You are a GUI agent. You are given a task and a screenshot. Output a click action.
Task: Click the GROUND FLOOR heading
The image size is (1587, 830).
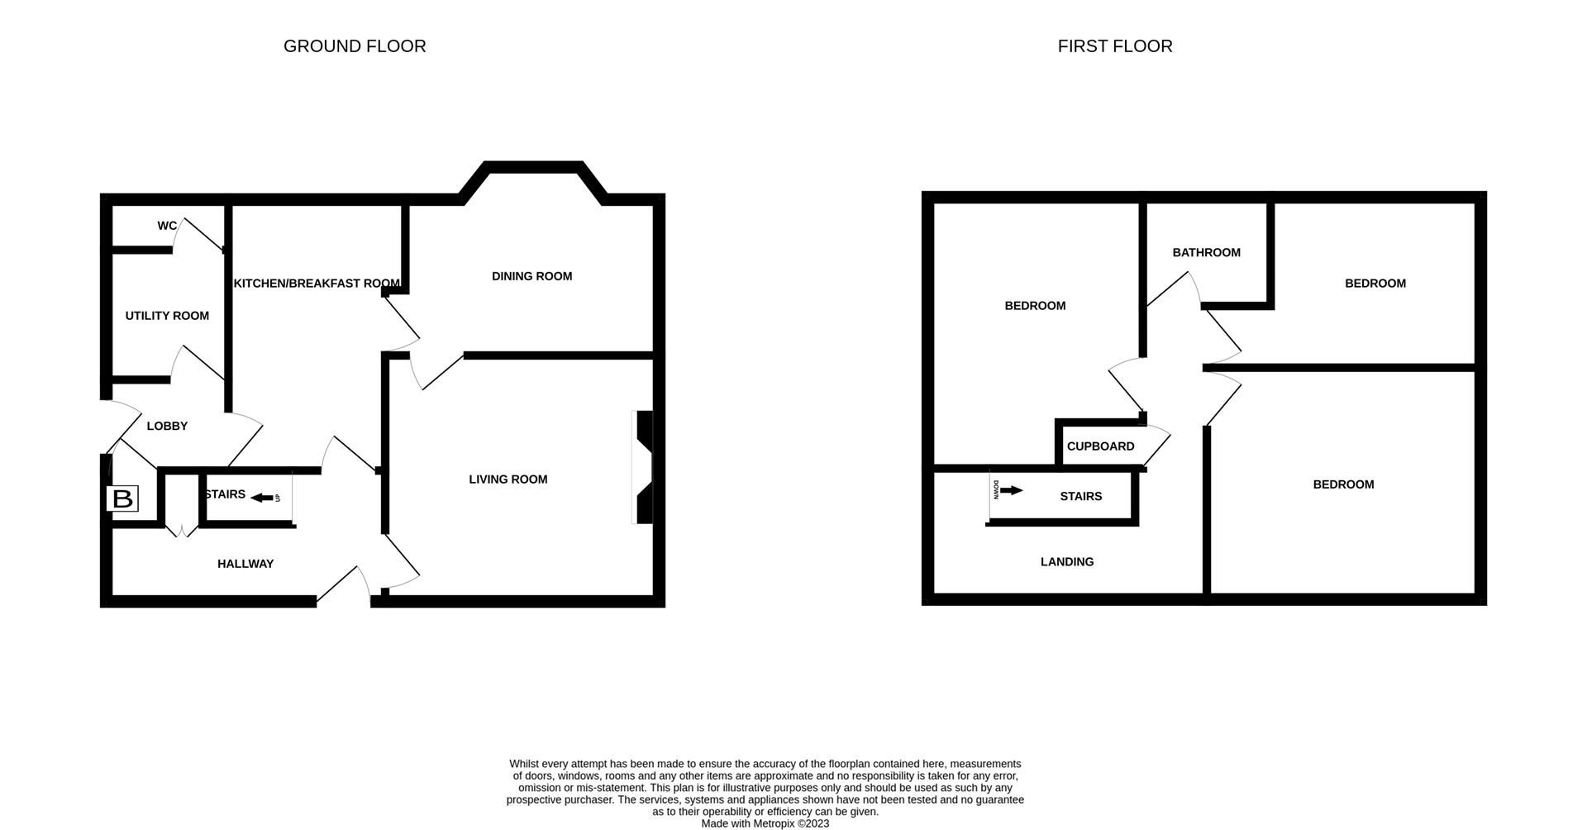click(355, 46)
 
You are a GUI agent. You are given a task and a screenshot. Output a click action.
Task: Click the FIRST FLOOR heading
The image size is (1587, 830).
click(1114, 46)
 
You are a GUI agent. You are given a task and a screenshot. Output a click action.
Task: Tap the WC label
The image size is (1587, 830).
click(167, 226)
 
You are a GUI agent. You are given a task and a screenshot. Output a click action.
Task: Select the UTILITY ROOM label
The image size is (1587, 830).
click(167, 316)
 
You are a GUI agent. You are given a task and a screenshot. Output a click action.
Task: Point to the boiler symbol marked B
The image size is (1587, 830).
click(122, 498)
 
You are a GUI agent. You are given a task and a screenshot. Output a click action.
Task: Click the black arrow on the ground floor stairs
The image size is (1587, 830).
click(262, 498)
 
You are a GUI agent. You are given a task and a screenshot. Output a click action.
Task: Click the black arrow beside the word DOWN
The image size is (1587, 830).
click(1011, 490)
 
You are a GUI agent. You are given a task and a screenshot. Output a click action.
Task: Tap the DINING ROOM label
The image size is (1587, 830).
click(531, 276)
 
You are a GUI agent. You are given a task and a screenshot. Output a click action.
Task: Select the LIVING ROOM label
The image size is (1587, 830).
click(508, 479)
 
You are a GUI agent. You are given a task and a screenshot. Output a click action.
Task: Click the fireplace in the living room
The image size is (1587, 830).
click(643, 467)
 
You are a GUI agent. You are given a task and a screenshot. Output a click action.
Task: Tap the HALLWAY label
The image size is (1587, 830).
click(245, 564)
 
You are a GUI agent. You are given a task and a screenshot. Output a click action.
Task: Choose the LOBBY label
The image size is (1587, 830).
click(167, 427)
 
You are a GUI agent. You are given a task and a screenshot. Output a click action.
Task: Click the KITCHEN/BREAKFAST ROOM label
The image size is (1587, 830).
click(317, 284)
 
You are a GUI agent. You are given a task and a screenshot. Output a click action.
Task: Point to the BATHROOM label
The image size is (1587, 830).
click(1206, 253)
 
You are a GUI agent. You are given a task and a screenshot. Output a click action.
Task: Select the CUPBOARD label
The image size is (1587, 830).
click(1100, 446)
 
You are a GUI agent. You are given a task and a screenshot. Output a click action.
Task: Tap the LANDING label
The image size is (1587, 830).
click(1066, 562)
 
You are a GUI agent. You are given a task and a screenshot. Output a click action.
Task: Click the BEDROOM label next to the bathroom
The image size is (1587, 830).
click(1375, 284)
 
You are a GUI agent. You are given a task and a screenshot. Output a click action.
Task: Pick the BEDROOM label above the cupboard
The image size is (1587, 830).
click(1035, 306)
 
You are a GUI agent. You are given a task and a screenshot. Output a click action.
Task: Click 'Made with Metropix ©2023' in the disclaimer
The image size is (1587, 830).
click(765, 823)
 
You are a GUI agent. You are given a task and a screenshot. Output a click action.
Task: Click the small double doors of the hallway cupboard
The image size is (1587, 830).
click(182, 530)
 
